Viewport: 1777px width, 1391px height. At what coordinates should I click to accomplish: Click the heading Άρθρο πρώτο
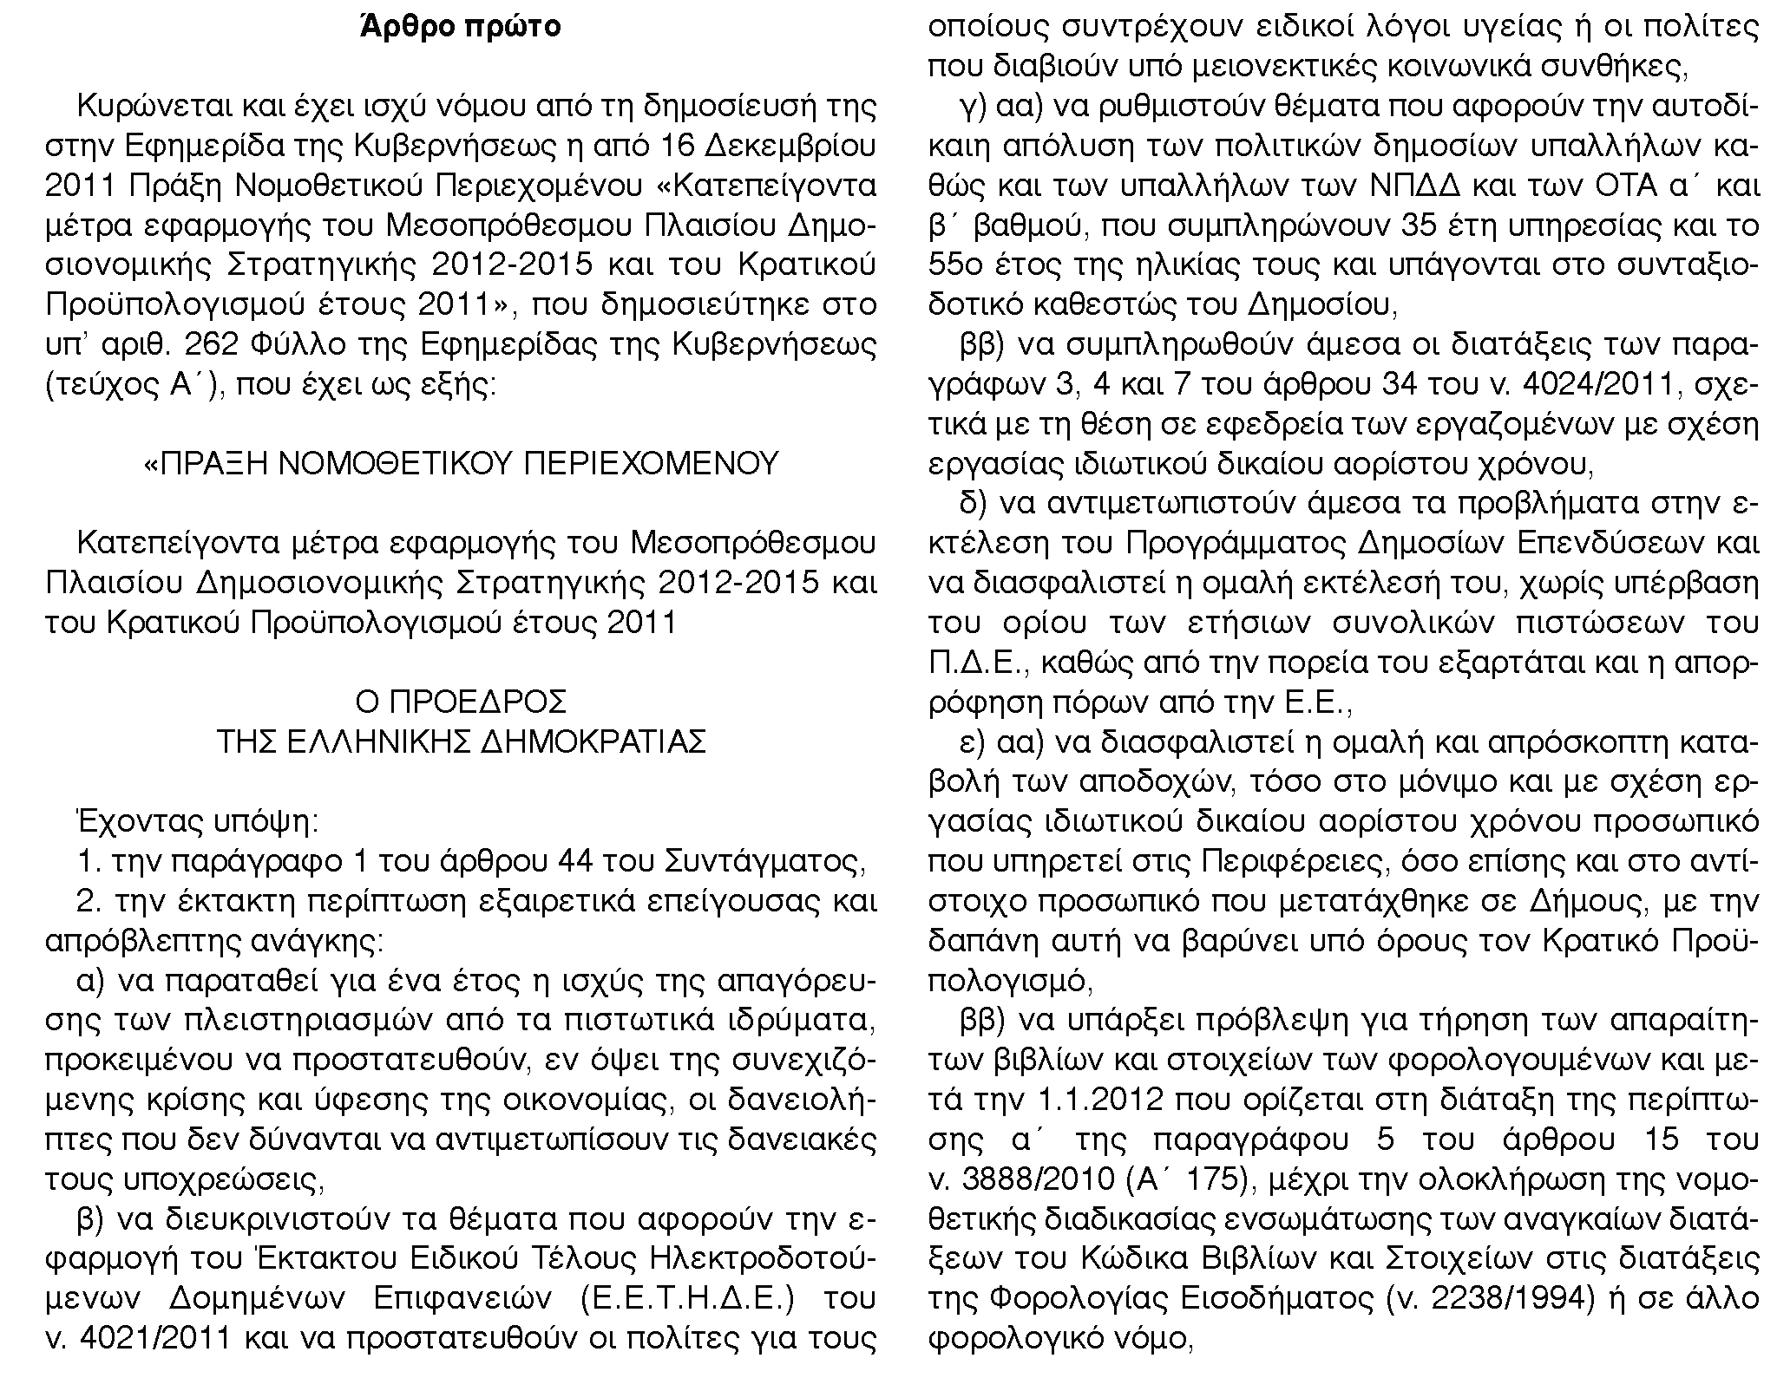[460, 27]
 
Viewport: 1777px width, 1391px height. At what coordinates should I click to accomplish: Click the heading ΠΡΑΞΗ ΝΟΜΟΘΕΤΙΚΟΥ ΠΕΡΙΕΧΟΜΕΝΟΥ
[460, 464]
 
